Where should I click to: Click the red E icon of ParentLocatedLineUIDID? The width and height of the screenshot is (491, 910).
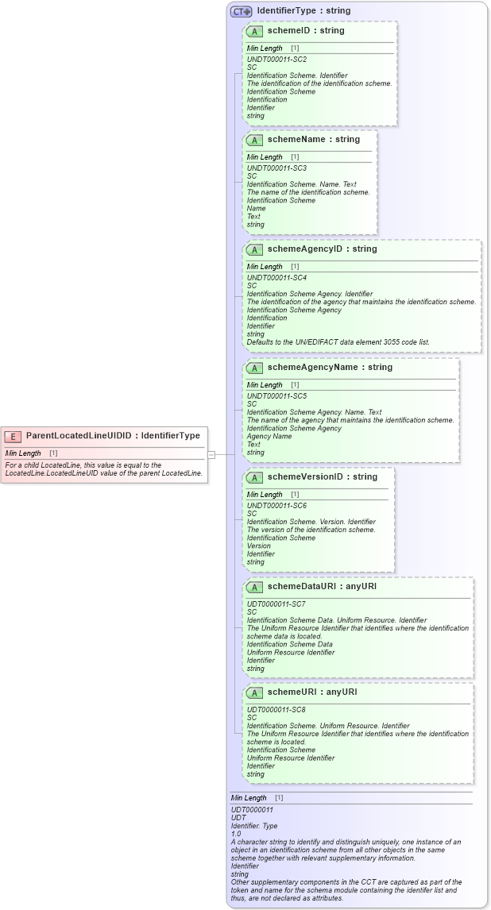(x=14, y=436)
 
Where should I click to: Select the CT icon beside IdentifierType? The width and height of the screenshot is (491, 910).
(x=241, y=12)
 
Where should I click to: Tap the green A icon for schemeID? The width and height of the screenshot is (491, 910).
(x=254, y=31)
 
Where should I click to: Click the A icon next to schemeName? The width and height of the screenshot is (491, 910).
(x=254, y=140)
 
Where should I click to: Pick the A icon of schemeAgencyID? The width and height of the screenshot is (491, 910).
(x=254, y=249)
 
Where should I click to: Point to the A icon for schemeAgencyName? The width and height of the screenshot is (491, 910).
(x=254, y=368)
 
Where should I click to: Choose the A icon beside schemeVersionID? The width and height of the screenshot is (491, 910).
(x=254, y=477)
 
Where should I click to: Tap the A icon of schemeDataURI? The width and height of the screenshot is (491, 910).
(x=254, y=587)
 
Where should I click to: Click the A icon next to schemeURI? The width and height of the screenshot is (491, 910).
(x=254, y=692)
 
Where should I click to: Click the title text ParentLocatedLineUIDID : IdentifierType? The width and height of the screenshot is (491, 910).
(x=113, y=436)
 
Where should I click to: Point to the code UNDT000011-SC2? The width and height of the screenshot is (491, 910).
(x=276, y=60)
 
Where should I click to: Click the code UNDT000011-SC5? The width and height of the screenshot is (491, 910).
(x=276, y=396)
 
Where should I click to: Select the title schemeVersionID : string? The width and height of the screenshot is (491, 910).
(x=323, y=477)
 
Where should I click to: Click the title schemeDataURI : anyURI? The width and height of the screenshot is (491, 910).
(x=322, y=587)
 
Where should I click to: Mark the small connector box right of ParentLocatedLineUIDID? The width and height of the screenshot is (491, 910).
(x=212, y=454)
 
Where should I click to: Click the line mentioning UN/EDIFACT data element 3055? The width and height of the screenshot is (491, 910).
(x=338, y=342)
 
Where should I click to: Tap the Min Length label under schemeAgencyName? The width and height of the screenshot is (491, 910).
(x=263, y=385)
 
